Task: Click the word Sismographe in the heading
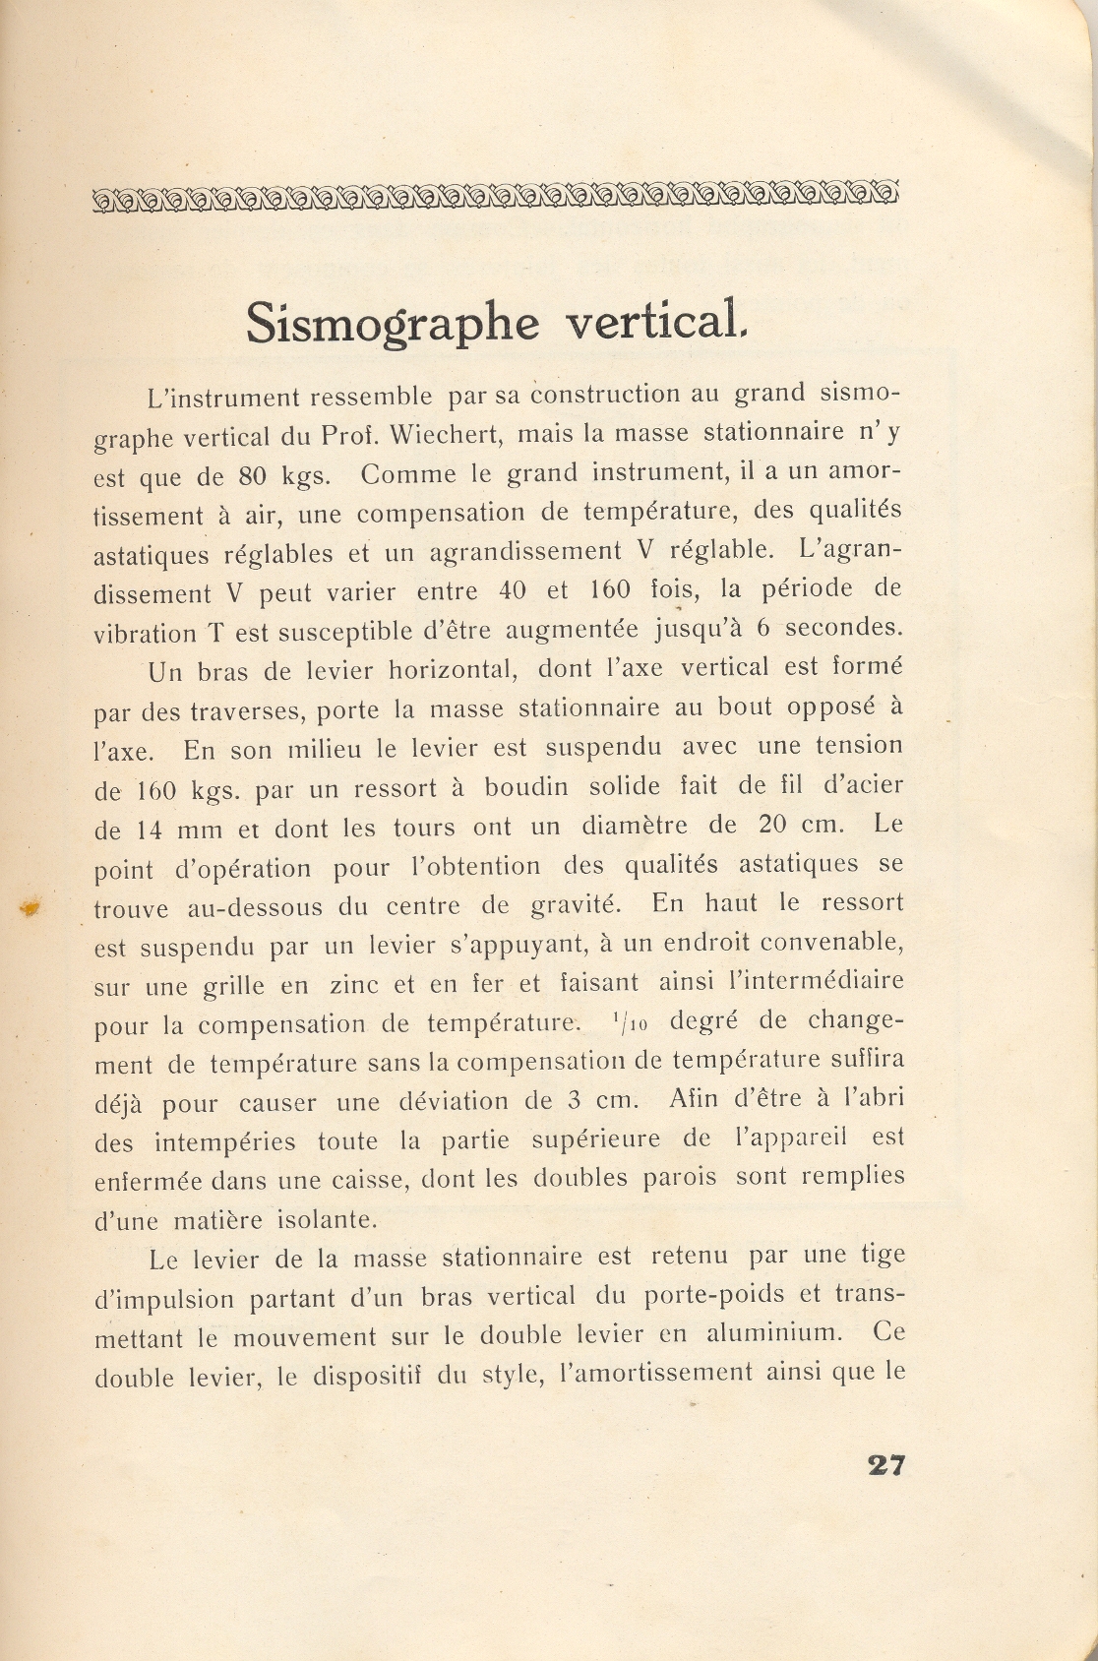coord(392,323)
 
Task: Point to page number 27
coord(884,1465)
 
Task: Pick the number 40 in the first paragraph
coord(512,590)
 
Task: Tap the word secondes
coord(843,627)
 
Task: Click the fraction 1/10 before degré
coord(629,1022)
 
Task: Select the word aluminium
coord(773,1334)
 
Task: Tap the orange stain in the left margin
coord(30,908)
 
